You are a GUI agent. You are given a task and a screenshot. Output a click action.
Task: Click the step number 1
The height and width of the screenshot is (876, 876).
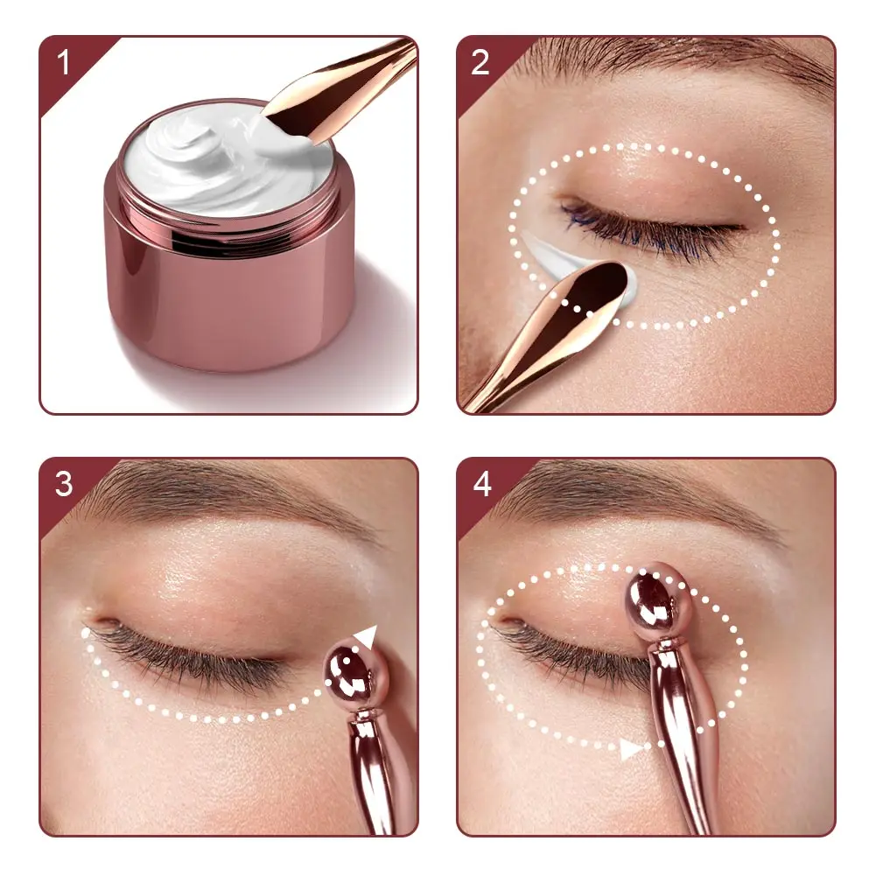63,62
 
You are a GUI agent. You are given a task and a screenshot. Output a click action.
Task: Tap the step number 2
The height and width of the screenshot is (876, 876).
480,62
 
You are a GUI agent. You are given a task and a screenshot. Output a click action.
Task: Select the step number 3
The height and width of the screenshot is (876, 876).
64,484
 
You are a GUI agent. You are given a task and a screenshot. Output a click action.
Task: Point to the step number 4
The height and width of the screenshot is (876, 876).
481,484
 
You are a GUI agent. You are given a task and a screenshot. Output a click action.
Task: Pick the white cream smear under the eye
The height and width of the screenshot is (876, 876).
558,257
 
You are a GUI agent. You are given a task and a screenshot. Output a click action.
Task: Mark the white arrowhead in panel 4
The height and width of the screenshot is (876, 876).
631,748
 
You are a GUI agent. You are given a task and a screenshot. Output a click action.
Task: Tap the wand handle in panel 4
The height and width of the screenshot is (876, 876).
684,738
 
